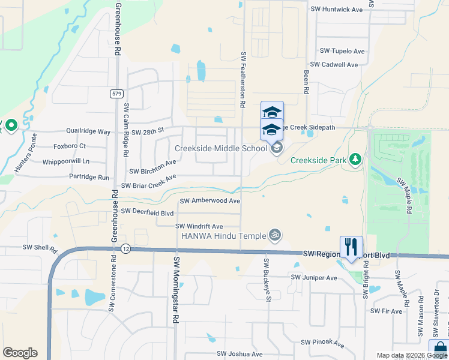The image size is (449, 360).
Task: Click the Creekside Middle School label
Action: coord(221,148)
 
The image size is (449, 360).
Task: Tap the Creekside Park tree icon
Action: coord(355,160)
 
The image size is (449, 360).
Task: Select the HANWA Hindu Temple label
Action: coord(224,236)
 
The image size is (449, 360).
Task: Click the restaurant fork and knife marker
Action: coord(351,247)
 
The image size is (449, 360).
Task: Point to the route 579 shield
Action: coord(116,94)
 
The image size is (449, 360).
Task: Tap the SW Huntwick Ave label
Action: coord(337,10)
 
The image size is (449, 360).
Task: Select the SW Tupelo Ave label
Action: coord(342,52)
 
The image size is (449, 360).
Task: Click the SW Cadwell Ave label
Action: coord(334,65)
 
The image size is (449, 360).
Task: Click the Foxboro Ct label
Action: coord(70,146)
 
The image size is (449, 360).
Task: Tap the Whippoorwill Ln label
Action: coord(66,161)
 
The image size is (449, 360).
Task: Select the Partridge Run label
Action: coord(89,178)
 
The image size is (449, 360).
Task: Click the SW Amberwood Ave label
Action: coord(210,201)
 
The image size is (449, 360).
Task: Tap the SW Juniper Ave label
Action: coord(314,278)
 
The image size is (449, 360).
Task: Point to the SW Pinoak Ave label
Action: coord(322,343)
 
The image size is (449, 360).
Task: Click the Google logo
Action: coord(20,353)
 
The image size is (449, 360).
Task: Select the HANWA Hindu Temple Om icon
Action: coord(276,235)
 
